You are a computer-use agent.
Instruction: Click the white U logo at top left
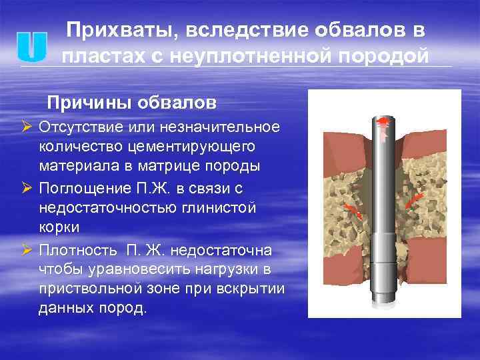[31, 45]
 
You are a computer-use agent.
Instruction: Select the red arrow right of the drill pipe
[414, 198]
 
